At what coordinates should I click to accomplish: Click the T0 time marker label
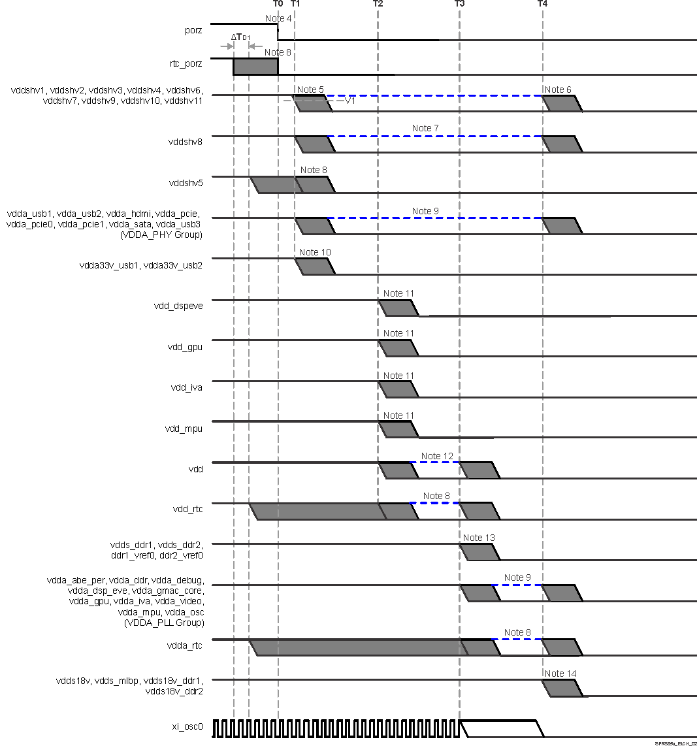pyautogui.click(x=278, y=4)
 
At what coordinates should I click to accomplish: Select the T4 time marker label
pyautogui.click(x=543, y=4)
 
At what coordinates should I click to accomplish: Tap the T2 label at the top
pyautogui.click(x=378, y=4)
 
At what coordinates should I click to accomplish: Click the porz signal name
pyautogui.click(x=193, y=30)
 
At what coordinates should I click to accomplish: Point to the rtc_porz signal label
pyautogui.click(x=186, y=64)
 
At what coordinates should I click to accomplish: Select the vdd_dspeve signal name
pyautogui.click(x=178, y=305)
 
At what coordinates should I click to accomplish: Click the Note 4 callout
pyautogui.click(x=278, y=18)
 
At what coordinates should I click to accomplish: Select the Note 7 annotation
pyautogui.click(x=425, y=128)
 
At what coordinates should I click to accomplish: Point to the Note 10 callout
pyautogui.click(x=315, y=252)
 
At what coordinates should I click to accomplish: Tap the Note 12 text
pyautogui.click(x=437, y=456)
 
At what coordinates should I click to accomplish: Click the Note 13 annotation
pyautogui.click(x=479, y=538)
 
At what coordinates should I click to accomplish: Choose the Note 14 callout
pyautogui.click(x=560, y=673)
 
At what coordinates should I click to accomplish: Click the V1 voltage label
pyautogui.click(x=350, y=101)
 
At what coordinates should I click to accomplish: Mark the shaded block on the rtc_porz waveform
pyautogui.click(x=255, y=66)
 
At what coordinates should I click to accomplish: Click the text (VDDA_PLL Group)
pyautogui.click(x=164, y=623)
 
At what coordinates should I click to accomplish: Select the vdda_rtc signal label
pyautogui.click(x=186, y=645)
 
